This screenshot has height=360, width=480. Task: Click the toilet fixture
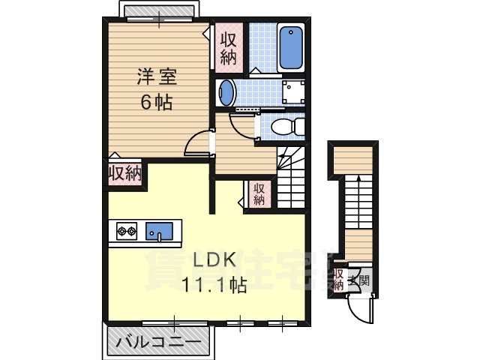(283, 127)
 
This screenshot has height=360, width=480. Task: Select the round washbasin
(226, 94)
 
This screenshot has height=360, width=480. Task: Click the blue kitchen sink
(160, 231)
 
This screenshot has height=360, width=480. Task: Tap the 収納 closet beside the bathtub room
(228, 45)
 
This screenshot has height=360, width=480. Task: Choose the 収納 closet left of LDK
(124, 173)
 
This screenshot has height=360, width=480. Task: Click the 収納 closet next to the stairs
(258, 193)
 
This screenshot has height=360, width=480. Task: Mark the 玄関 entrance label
(363, 283)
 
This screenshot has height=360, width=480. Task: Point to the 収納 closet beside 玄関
(339, 279)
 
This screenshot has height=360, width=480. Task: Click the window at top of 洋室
(159, 14)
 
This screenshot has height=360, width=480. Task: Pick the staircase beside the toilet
(293, 177)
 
